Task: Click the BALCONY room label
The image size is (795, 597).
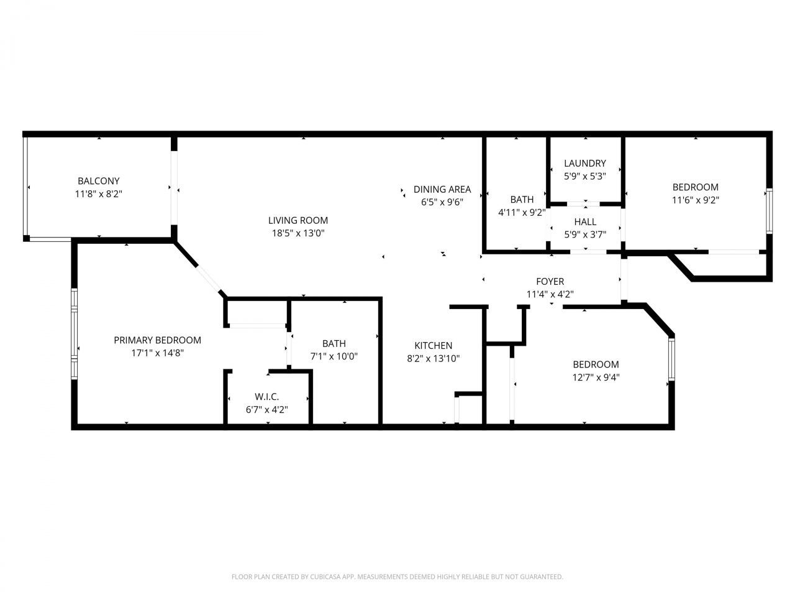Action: pos(98,181)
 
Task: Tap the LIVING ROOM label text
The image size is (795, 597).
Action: pos(298,220)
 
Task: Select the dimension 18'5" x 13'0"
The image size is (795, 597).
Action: pos(298,233)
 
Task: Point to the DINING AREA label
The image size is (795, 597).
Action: pos(442,189)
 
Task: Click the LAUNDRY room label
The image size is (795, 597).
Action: pos(584,164)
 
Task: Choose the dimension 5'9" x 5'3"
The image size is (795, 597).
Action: pos(584,176)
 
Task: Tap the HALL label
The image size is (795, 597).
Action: pos(585,221)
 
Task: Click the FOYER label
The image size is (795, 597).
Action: pos(550,282)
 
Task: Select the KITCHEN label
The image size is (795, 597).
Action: pos(434,345)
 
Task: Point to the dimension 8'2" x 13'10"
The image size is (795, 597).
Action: pos(434,358)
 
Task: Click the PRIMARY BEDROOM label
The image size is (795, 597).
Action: pos(157,340)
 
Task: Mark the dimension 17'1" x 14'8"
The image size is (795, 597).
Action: pos(157,353)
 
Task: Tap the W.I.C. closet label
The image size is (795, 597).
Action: pos(266,397)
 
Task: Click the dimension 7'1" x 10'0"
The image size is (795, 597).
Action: pos(334,356)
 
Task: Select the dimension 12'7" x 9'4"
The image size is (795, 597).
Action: pos(596,377)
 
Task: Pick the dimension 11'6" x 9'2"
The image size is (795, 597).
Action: pos(696,200)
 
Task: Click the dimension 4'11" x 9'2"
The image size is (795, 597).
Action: pos(522,212)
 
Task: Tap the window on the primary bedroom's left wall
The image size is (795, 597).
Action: pos(74,333)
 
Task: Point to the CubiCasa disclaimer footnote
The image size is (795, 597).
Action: pos(397,577)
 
